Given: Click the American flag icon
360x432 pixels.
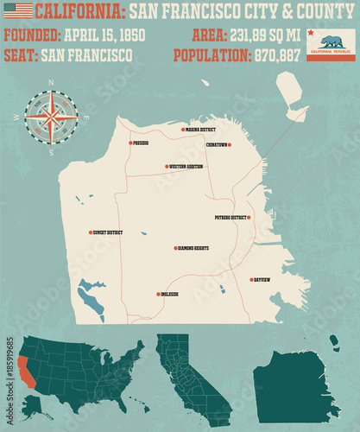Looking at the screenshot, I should click(x=17, y=10).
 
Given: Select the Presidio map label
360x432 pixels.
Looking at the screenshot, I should click(x=142, y=143).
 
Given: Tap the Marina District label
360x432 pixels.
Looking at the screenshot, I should click(x=200, y=130).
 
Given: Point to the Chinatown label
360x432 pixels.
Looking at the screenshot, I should click(x=218, y=144).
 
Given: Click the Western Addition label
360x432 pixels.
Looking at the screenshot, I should click(x=187, y=166).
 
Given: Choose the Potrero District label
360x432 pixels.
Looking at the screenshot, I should click(x=231, y=217).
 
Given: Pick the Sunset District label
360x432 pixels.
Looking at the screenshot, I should click(x=108, y=232).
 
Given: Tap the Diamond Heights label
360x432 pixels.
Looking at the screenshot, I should click(x=193, y=248).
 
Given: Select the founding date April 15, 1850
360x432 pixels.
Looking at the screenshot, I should click(x=103, y=35).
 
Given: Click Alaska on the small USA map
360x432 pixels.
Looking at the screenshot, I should click(x=32, y=402).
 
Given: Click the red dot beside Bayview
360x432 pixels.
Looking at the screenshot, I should click(x=249, y=279).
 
